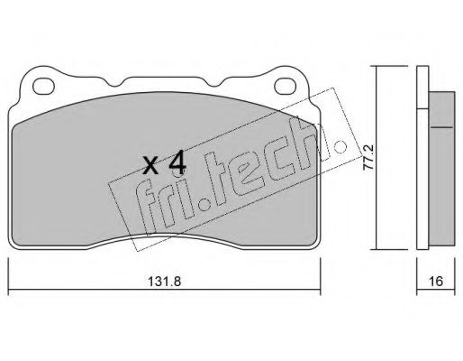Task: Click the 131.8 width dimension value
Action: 165,282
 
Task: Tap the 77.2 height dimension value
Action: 368,157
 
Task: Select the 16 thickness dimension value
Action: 436,282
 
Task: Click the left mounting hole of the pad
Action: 43,86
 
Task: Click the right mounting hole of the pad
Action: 286,86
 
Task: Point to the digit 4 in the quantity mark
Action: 177,164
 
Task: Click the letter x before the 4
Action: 150,166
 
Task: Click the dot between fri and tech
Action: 206,204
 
